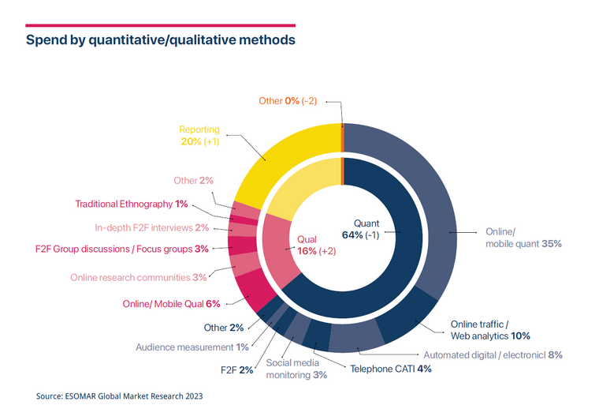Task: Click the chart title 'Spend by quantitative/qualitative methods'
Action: coord(161,39)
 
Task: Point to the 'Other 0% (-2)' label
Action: coord(288,101)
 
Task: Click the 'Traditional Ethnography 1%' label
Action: coord(132,204)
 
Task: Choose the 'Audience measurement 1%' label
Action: coord(192,347)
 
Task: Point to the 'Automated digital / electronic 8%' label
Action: coord(493,355)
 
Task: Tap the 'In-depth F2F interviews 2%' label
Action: coord(152,228)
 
